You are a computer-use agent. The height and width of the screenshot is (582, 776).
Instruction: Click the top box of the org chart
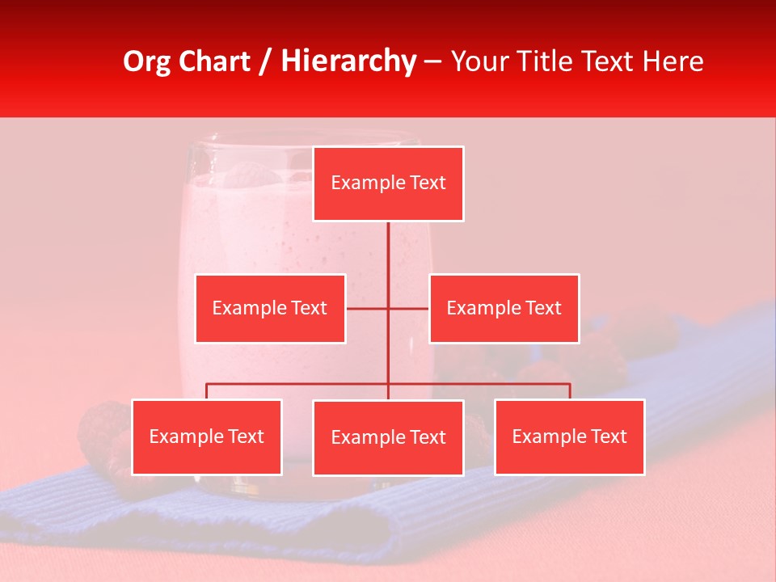(x=388, y=183)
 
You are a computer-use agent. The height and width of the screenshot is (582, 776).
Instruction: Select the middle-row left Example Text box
(x=270, y=308)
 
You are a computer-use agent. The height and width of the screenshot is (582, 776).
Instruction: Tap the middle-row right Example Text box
(x=504, y=308)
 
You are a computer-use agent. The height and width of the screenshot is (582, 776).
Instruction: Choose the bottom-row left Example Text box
(x=207, y=436)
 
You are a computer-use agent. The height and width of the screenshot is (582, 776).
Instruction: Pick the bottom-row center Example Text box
(x=388, y=437)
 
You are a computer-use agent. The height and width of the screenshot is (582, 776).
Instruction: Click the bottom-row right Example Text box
(x=569, y=436)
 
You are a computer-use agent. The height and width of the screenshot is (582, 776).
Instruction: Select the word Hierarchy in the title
(x=348, y=61)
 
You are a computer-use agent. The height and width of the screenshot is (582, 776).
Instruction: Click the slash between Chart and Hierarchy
(x=266, y=61)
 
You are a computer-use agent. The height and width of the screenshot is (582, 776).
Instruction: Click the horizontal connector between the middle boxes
(x=369, y=308)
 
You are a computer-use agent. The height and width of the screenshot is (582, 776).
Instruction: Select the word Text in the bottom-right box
(x=608, y=436)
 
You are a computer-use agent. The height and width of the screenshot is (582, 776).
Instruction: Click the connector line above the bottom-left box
(x=207, y=391)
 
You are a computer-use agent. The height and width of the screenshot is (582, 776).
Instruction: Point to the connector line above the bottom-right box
(x=570, y=391)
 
